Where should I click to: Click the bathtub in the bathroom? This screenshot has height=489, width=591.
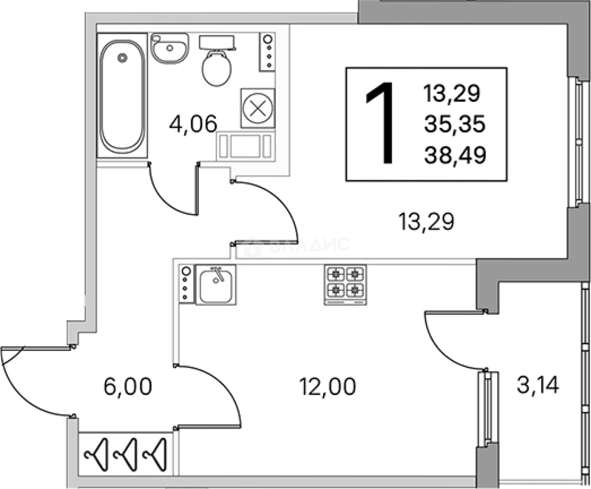(122, 95)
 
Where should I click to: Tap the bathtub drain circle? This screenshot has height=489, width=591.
(122, 58)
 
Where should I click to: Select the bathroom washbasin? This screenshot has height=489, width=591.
(170, 48)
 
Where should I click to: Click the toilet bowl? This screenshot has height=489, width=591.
(216, 68)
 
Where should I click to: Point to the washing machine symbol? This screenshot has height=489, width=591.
(258, 108)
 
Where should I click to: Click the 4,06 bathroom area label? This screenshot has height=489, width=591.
(193, 124)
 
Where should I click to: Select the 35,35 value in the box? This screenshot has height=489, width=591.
(455, 124)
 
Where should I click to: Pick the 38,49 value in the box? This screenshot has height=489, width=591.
(455, 155)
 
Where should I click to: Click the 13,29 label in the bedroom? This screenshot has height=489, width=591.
(426, 221)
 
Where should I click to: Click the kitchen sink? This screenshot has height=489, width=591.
(216, 285)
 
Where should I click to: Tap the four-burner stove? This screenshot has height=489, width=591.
(345, 285)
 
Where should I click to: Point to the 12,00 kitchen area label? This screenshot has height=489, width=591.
(328, 386)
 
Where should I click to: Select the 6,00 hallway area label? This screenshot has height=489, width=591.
(128, 387)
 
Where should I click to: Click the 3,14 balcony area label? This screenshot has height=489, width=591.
(538, 385)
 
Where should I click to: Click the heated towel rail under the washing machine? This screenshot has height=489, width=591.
(246, 146)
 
